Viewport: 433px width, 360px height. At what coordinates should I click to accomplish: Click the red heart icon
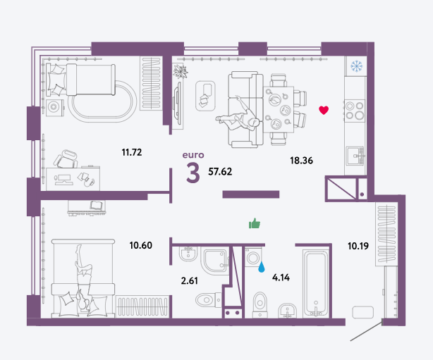pyautogui.click(x=324, y=110)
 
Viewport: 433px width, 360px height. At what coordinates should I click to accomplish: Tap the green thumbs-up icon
pyautogui.click(x=255, y=223)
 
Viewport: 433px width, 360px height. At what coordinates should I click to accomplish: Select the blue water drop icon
pyautogui.click(x=261, y=267)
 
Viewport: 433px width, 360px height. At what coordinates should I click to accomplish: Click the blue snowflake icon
pyautogui.click(x=356, y=66)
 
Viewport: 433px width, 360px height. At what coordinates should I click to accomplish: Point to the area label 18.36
pyautogui.click(x=301, y=161)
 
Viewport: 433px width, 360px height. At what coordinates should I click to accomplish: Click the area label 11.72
pyautogui.click(x=132, y=152)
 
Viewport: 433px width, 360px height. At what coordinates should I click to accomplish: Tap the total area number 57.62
pyautogui.click(x=220, y=172)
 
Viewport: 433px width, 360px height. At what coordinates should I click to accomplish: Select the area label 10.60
pyautogui.click(x=141, y=245)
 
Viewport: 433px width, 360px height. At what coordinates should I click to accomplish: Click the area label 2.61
pyautogui.click(x=190, y=281)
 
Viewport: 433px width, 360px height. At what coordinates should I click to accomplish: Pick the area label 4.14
pyautogui.click(x=281, y=278)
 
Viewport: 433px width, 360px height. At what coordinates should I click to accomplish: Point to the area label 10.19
pyautogui.click(x=358, y=246)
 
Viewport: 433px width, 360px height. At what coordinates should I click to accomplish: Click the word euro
pyautogui.click(x=193, y=155)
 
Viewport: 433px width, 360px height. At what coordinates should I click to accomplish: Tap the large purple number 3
pyautogui.click(x=193, y=173)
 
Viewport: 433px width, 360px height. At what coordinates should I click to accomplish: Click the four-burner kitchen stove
pyautogui.click(x=355, y=111)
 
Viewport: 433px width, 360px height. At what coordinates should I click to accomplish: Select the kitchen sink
pyautogui.click(x=355, y=156)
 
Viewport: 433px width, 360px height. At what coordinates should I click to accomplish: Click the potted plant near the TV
pyautogui.click(x=180, y=71)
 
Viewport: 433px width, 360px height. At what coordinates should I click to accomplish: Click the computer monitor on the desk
pyautogui.click(x=63, y=180)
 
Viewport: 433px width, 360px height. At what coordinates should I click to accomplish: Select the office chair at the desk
pyautogui.click(x=66, y=159)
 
